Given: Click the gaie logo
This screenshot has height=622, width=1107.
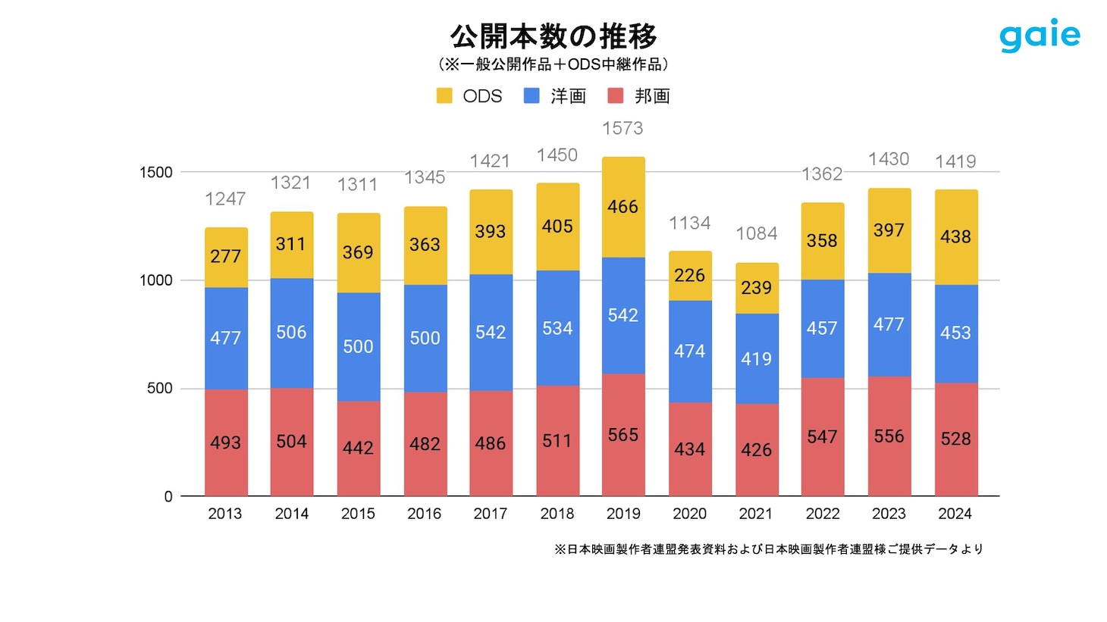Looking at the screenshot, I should click(x=1040, y=36).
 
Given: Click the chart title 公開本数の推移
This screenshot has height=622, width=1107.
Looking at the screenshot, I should click(x=553, y=36).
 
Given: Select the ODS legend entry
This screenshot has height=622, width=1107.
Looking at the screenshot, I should click(x=470, y=96).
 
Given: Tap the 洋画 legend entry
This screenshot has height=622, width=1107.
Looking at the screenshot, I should click(x=556, y=96).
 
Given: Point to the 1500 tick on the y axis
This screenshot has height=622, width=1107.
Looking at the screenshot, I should click(x=156, y=173).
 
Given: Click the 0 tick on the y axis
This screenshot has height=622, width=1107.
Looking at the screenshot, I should click(x=168, y=497).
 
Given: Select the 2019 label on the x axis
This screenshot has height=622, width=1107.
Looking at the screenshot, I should click(x=623, y=514).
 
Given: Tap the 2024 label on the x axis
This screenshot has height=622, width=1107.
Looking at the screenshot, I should click(x=955, y=514).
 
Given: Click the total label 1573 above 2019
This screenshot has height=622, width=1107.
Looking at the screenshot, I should click(x=622, y=129).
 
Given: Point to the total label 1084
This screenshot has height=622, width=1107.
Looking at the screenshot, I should click(x=756, y=234).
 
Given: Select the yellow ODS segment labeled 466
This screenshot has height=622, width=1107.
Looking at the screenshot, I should click(x=623, y=207).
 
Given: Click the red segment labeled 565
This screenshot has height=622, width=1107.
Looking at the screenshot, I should click(x=623, y=435).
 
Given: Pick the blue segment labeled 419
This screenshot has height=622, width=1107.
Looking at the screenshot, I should click(x=757, y=358).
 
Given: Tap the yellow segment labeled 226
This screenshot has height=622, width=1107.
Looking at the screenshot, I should click(x=690, y=276).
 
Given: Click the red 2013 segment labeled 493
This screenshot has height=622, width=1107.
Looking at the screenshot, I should click(x=226, y=442).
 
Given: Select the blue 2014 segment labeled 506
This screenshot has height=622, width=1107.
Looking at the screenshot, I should click(x=292, y=333).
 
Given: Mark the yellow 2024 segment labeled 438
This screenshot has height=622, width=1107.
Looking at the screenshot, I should click(x=955, y=237).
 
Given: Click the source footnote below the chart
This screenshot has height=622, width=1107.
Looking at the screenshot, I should click(x=768, y=549).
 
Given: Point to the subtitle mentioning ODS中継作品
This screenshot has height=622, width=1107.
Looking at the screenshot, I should click(x=553, y=64).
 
